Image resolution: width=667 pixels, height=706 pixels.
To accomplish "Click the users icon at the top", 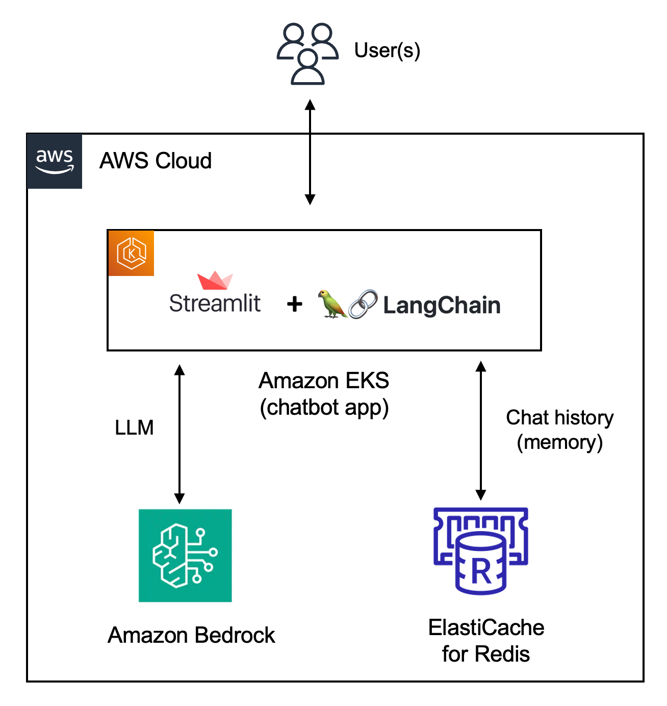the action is tap(307, 54).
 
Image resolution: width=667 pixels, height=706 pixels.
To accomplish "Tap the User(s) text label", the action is tap(387, 51).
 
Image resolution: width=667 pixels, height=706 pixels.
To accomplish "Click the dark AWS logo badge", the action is tap(55, 161).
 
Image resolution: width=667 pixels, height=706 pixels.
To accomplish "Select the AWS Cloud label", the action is tap(156, 160).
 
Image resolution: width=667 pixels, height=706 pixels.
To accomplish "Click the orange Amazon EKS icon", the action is tap(131, 253).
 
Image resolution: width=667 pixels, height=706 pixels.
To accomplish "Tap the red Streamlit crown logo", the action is tap(215, 280).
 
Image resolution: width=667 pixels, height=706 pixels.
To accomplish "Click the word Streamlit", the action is tap(215, 303).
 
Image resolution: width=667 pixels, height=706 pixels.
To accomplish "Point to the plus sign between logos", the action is tap(295, 305).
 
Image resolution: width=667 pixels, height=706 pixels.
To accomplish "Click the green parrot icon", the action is tap(332, 304).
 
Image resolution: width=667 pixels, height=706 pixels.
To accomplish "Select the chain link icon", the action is tap(363, 304).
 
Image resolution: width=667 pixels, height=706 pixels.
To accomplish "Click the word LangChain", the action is tap(442, 306).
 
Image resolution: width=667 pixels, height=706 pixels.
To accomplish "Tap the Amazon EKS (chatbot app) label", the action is tap(324, 394).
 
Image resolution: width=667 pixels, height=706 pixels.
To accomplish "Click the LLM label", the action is tap(134, 427).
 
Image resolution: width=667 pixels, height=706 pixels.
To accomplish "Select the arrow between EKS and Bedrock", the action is tap(179, 435).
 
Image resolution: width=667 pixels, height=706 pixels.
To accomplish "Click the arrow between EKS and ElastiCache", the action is tap(481, 431).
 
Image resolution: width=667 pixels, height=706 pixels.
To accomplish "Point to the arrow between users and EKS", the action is tap(310, 152).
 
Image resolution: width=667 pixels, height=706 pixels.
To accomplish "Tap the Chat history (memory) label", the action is tap(559, 430).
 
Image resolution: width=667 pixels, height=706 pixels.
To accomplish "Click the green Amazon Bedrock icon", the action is tap(185, 556).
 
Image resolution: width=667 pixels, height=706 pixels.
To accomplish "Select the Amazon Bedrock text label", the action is tap(191, 635).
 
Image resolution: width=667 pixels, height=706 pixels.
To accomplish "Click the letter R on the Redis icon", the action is tap(481, 572).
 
